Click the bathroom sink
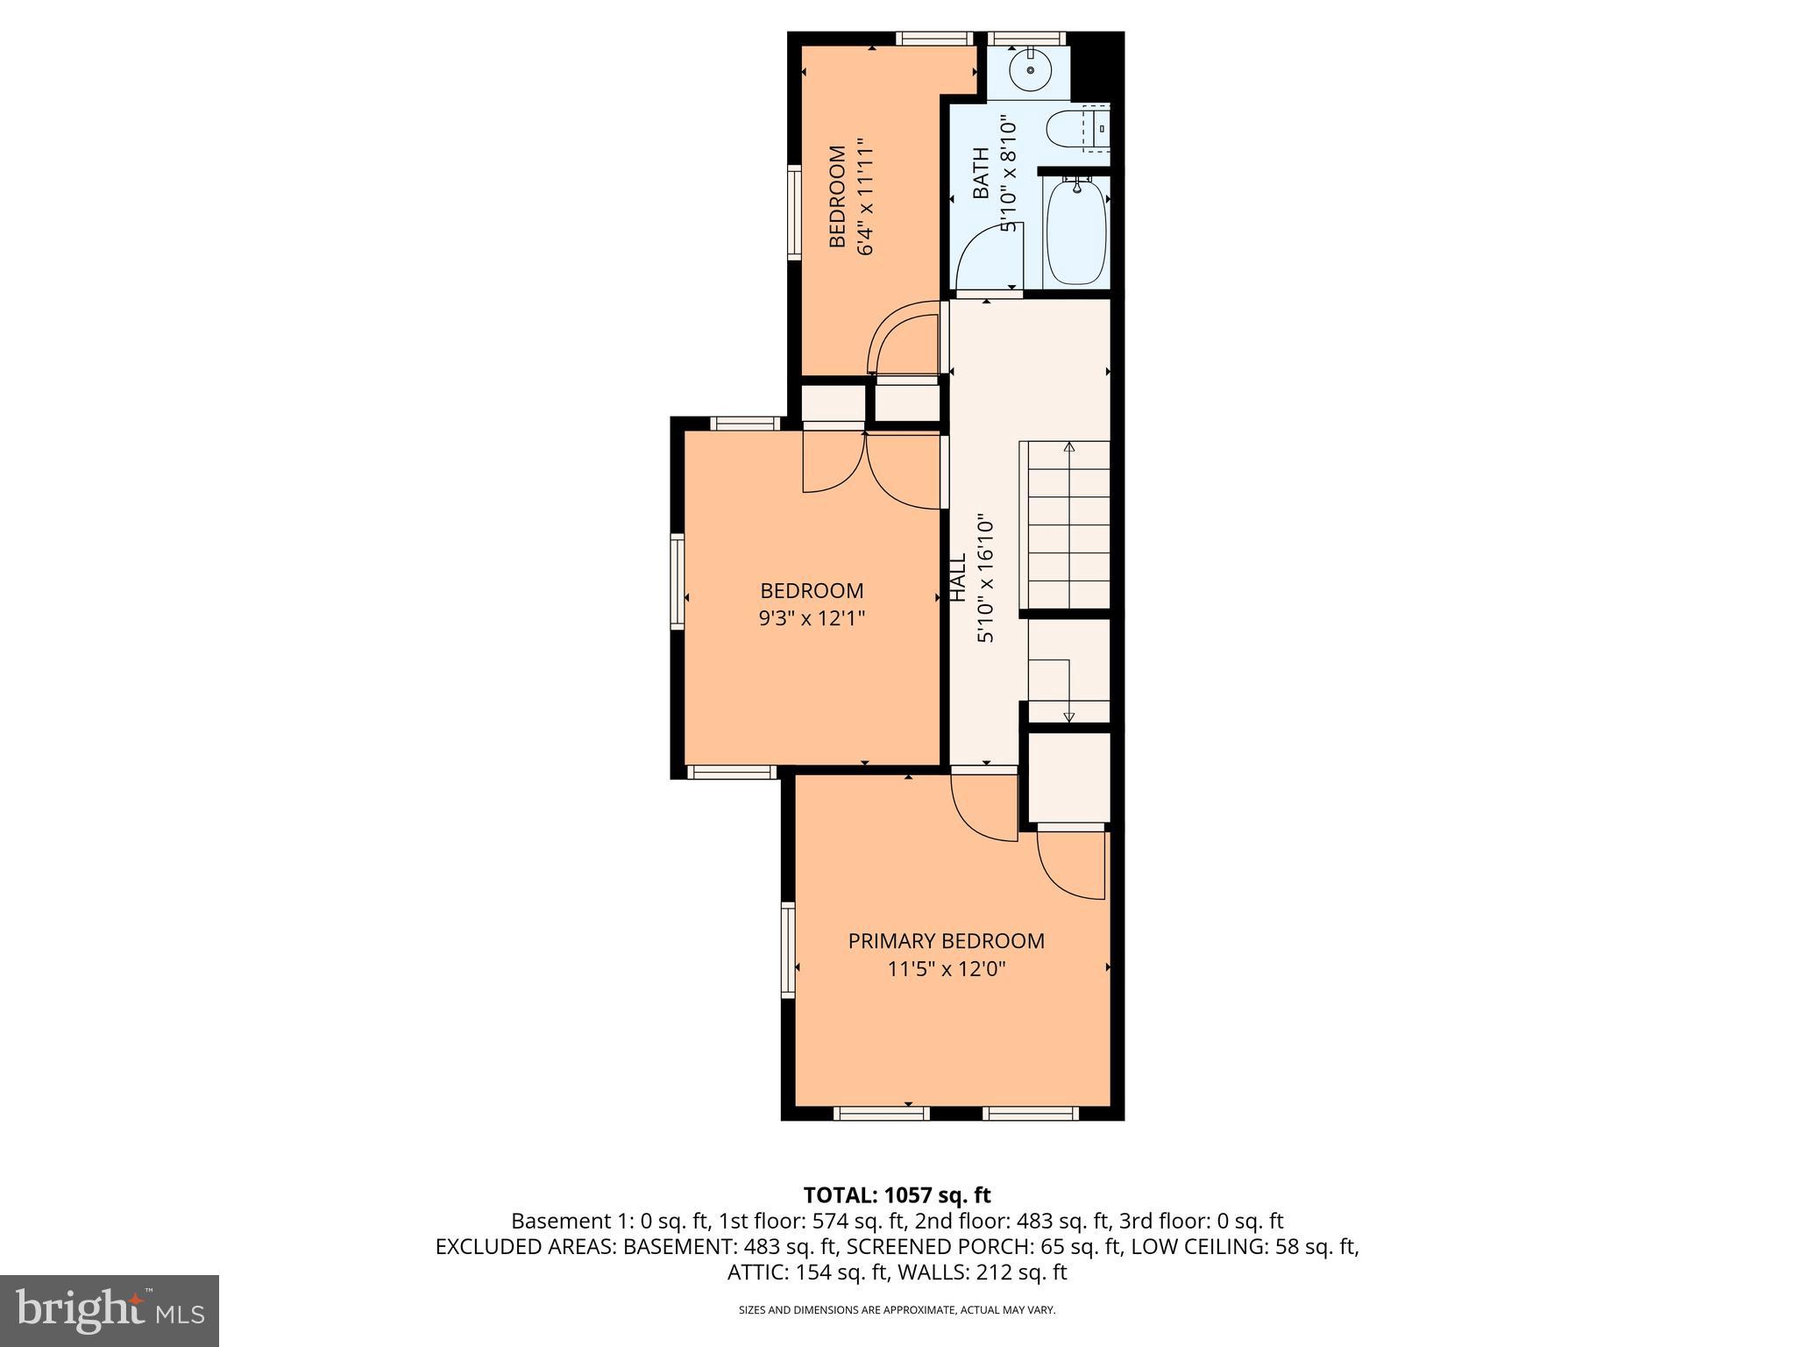tap(1031, 68)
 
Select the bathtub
tap(1075, 231)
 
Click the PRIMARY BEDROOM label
tap(946, 941)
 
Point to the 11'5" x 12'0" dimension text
tap(946, 969)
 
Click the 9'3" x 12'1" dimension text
tap(812, 618)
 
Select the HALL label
tap(958, 576)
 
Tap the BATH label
tap(981, 173)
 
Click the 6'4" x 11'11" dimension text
tap(865, 196)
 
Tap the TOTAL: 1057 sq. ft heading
tap(897, 1194)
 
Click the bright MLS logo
tap(110, 1311)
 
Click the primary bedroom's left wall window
tap(788, 950)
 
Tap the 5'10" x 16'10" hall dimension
tap(986, 579)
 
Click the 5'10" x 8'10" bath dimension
tap(1008, 175)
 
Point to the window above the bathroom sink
tap(1027, 38)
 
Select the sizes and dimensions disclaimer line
tap(897, 1310)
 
